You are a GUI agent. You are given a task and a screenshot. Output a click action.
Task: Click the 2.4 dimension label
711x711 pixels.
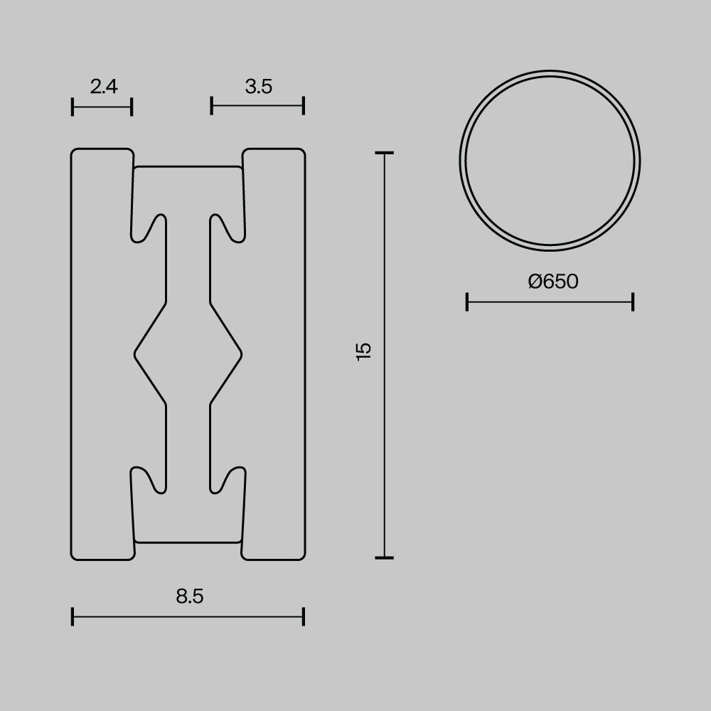coord(104,87)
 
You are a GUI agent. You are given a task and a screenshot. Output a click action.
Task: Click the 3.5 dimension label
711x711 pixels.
coord(258,87)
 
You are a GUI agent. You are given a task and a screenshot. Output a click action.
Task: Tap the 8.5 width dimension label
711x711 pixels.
coord(190,597)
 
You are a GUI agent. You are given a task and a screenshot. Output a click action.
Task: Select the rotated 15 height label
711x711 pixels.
coord(364,351)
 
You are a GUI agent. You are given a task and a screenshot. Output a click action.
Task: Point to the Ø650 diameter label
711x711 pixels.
coord(553,282)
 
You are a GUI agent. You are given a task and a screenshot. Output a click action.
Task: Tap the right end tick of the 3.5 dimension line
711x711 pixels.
coord(304,106)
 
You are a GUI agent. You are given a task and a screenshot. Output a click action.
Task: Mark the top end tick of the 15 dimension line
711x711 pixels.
coord(385,153)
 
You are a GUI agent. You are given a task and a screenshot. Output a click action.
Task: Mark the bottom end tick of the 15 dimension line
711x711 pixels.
coord(385,557)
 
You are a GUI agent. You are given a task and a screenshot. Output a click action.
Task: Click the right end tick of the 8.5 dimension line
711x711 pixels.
coord(304,616)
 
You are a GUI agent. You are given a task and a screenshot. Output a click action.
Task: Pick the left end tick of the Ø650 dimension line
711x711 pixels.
coord(466,302)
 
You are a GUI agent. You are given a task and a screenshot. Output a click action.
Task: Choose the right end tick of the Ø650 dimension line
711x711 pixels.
coord(633,302)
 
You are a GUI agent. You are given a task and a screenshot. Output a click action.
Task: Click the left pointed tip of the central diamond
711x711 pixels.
coord(135,353)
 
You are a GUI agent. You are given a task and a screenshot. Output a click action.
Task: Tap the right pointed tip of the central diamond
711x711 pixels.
coord(242,353)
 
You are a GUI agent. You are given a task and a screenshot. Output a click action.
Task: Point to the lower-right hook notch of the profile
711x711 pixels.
coord(229,478)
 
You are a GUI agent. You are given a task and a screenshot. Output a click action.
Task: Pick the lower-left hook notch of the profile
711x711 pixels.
coord(148,478)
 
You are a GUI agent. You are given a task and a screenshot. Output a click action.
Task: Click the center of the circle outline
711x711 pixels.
coord(550,161)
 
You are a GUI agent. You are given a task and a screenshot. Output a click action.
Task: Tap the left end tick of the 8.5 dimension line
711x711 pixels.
coord(73,616)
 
